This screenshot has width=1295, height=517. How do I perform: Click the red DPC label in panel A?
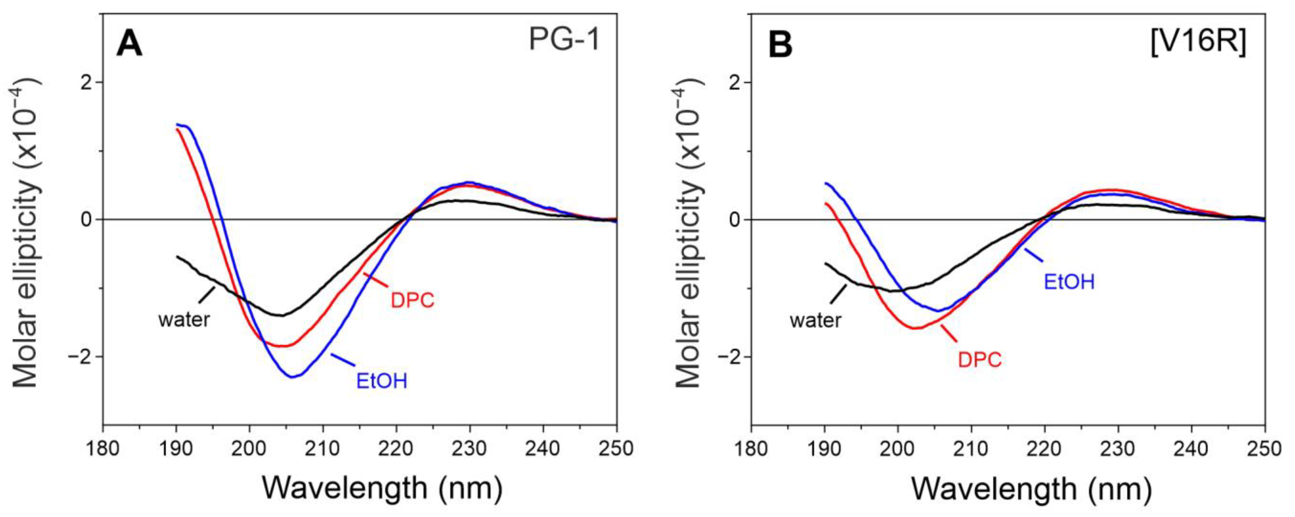point(412,300)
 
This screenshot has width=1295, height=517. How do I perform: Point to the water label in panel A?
point(184,319)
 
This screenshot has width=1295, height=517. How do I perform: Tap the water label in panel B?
point(815,320)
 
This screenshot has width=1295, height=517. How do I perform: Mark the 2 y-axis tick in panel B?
point(735,82)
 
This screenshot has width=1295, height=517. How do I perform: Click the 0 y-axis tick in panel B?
point(735,220)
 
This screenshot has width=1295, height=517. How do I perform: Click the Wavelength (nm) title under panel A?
point(382,488)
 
